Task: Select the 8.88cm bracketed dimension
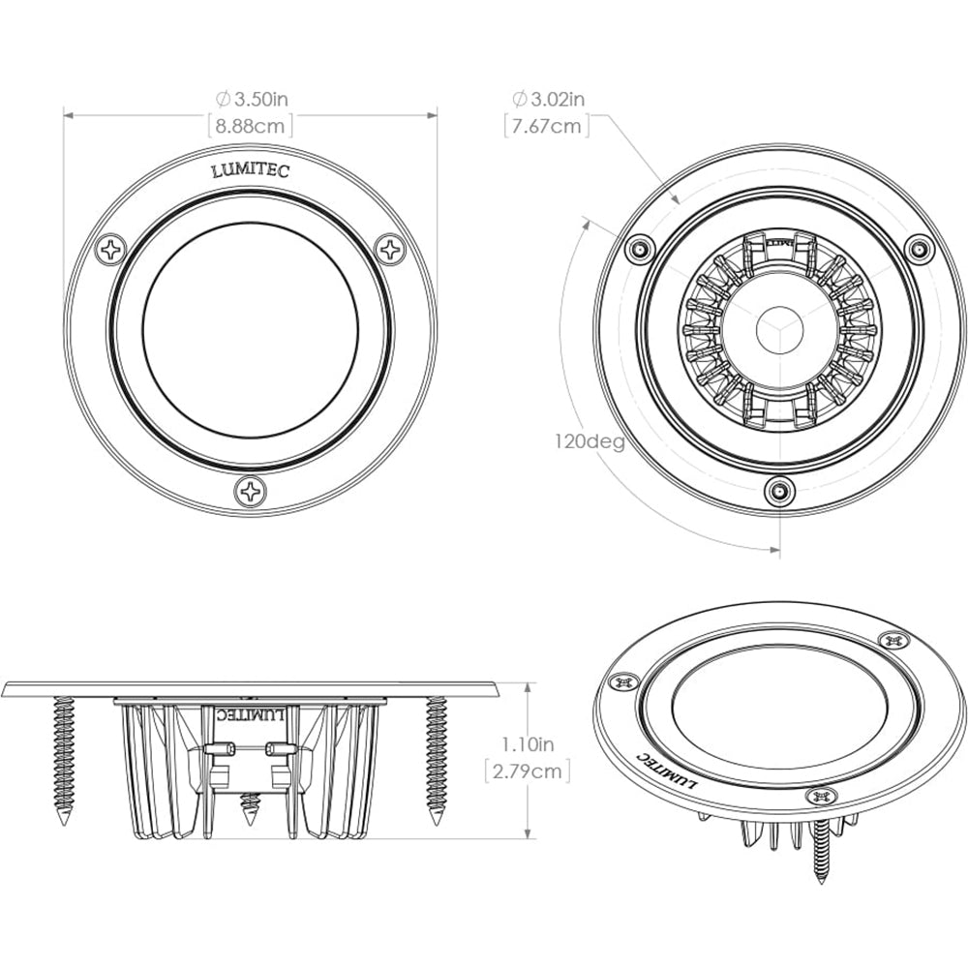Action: click(250, 126)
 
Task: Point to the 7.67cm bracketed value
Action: click(548, 126)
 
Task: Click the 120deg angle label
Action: click(589, 441)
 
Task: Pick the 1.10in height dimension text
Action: click(528, 744)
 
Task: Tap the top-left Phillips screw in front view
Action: click(112, 250)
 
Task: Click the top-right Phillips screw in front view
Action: click(391, 250)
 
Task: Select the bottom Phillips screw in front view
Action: click(252, 492)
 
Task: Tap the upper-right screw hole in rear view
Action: click(918, 249)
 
